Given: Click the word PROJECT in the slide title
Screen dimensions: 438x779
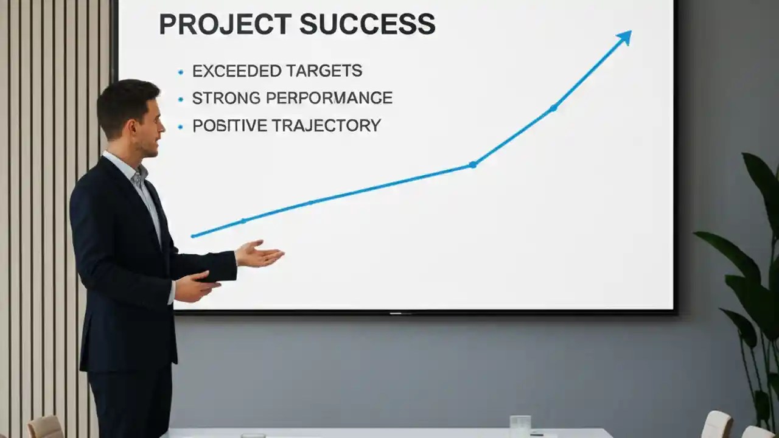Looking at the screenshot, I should coord(225,24).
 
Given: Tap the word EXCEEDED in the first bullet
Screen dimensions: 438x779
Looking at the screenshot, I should coord(233,71).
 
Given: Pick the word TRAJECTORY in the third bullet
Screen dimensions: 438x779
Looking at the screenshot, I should coord(326,126).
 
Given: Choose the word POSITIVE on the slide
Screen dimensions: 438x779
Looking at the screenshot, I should coord(229,126).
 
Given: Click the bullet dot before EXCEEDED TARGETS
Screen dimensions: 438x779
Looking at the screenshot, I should coord(180,72).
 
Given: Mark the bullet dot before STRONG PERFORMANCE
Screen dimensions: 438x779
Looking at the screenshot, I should coord(180,99).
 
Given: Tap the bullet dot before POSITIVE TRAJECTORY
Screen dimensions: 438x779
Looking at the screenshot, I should coord(180,127).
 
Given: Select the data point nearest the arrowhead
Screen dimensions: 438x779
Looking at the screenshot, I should coord(553,108).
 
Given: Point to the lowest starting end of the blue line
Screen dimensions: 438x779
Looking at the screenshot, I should coord(193,235).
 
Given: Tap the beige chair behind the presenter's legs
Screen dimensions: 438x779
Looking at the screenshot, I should coord(46,427).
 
